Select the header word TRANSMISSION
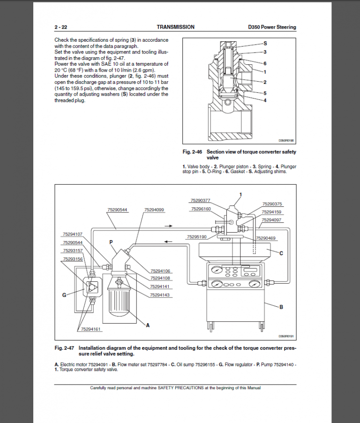(175, 27)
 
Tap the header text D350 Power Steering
(272, 27)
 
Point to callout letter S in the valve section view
(265, 43)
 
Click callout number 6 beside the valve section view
(265, 63)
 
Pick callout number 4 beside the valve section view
(265, 100)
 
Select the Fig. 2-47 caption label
(64, 348)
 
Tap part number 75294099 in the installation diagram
(154, 210)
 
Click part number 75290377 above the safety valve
(201, 200)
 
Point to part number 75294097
(271, 219)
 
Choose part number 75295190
(196, 237)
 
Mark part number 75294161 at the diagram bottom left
(90, 329)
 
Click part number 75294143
(160, 295)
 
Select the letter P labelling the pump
(112, 242)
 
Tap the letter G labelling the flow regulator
(64, 295)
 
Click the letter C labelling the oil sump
(281, 253)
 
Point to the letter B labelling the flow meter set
(281, 307)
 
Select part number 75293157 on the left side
(72, 251)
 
